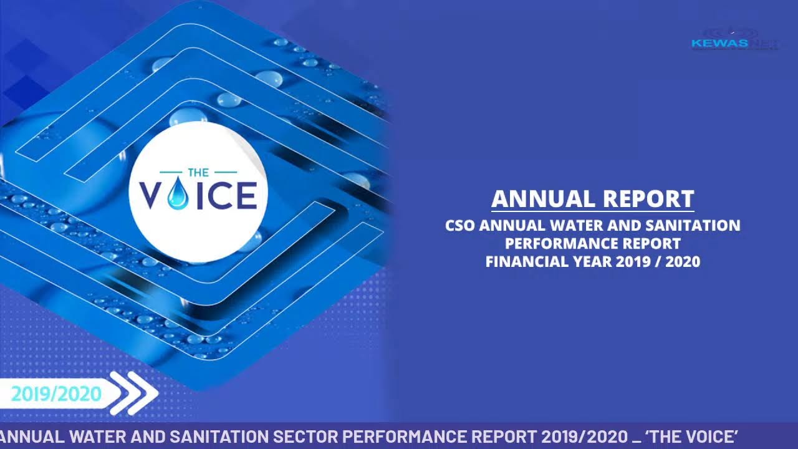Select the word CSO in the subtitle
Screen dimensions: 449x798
pos(461,225)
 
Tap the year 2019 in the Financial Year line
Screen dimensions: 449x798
pos(632,261)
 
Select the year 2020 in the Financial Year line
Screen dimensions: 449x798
pos(683,261)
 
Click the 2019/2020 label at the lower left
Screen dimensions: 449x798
pos(56,394)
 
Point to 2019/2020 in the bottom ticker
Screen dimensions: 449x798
pos(584,436)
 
